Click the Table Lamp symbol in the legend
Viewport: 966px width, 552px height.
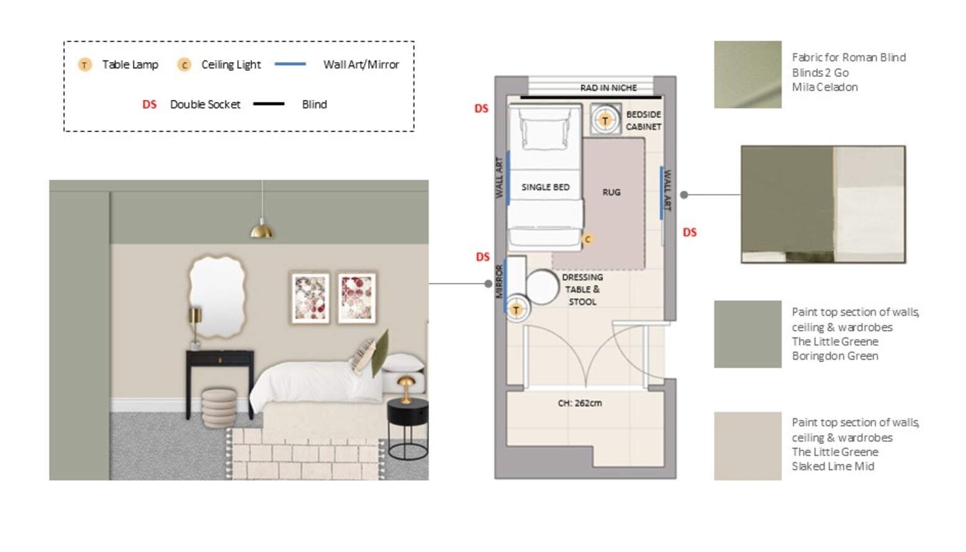[84, 65]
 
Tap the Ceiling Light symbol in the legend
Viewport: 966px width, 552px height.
[184, 65]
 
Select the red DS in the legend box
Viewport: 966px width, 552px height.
[149, 105]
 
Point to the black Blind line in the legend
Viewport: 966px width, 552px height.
[269, 104]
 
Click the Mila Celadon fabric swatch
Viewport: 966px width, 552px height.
[747, 74]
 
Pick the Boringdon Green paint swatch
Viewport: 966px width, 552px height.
[747, 334]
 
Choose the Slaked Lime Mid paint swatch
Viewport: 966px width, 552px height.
[747, 446]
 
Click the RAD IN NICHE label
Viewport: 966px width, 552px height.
[608, 88]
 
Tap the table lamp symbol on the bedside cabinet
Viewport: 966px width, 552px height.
[605, 120]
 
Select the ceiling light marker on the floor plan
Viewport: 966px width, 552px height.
[587, 239]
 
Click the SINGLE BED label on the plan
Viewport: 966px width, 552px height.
[546, 187]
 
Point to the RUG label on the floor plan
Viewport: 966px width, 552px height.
[612, 192]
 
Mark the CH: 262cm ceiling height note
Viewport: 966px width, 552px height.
[580, 403]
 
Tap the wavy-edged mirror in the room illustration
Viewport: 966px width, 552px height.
[217, 296]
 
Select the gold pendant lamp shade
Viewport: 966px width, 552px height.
[262, 229]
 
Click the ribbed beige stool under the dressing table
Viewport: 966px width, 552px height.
[219, 408]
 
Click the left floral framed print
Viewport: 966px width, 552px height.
[310, 298]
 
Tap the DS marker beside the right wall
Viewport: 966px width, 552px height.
[690, 233]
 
